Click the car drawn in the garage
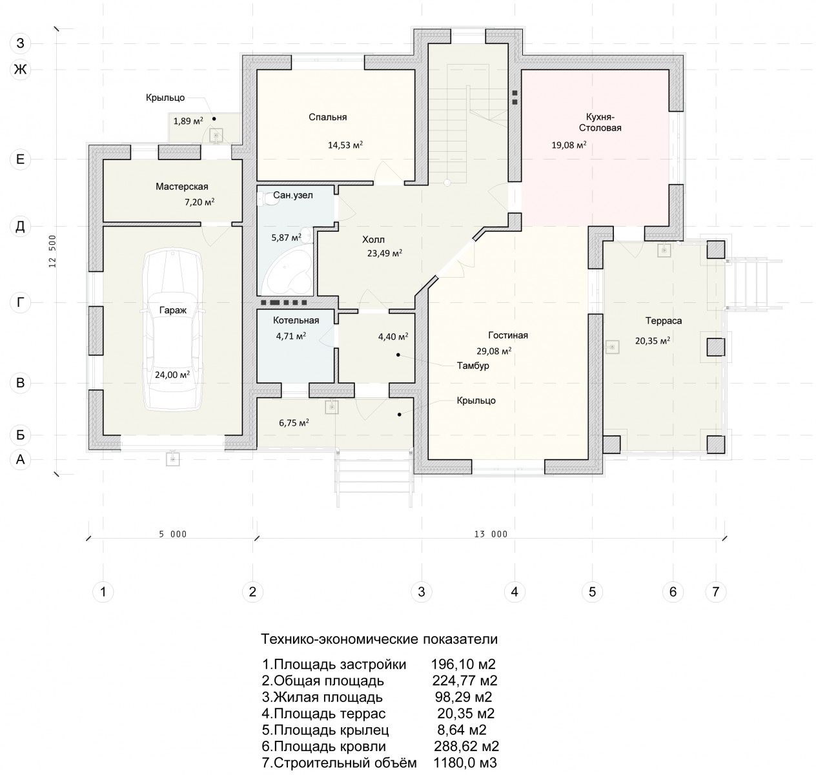pyautogui.click(x=172, y=330)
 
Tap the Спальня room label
pyautogui.click(x=327, y=117)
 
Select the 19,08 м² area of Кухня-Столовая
pyautogui.click(x=569, y=145)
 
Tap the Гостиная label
pyautogui.click(x=508, y=335)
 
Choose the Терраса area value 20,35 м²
pyautogui.click(x=653, y=341)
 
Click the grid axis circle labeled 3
pyautogui.click(x=422, y=592)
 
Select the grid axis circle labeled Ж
pyautogui.click(x=20, y=69)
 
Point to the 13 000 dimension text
pyautogui.click(x=491, y=535)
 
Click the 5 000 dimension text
pyautogui.click(x=172, y=535)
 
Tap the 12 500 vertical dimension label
pyautogui.click(x=52, y=251)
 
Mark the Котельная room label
pyautogui.click(x=296, y=320)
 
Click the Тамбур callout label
pyautogui.click(x=473, y=366)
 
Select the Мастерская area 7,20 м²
pyautogui.click(x=199, y=202)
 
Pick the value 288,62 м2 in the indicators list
pyautogui.click(x=466, y=747)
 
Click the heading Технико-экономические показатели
pyautogui.click(x=379, y=639)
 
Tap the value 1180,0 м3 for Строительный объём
pyautogui.click(x=465, y=763)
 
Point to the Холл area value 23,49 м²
pyautogui.click(x=384, y=253)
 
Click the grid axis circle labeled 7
pyautogui.click(x=715, y=592)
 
